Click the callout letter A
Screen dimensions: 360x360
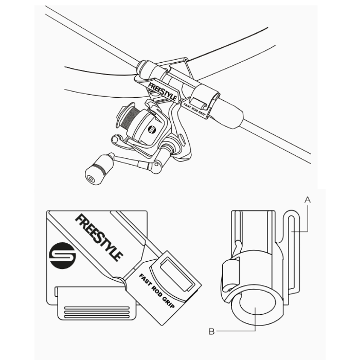(x=308, y=200)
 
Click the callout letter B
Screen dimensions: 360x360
(x=211, y=332)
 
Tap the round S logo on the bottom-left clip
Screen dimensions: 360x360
(x=62, y=256)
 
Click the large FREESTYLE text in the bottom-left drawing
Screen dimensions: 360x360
(x=99, y=238)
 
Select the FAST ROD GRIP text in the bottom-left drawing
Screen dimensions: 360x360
(x=157, y=291)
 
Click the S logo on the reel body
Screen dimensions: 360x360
(x=152, y=129)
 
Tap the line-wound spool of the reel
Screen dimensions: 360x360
(x=129, y=118)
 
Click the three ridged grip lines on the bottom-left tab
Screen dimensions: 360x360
(x=97, y=312)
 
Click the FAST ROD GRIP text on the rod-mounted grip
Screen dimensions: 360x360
(x=195, y=108)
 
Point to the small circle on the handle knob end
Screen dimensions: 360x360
(x=91, y=179)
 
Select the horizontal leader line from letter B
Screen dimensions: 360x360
(x=236, y=331)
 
